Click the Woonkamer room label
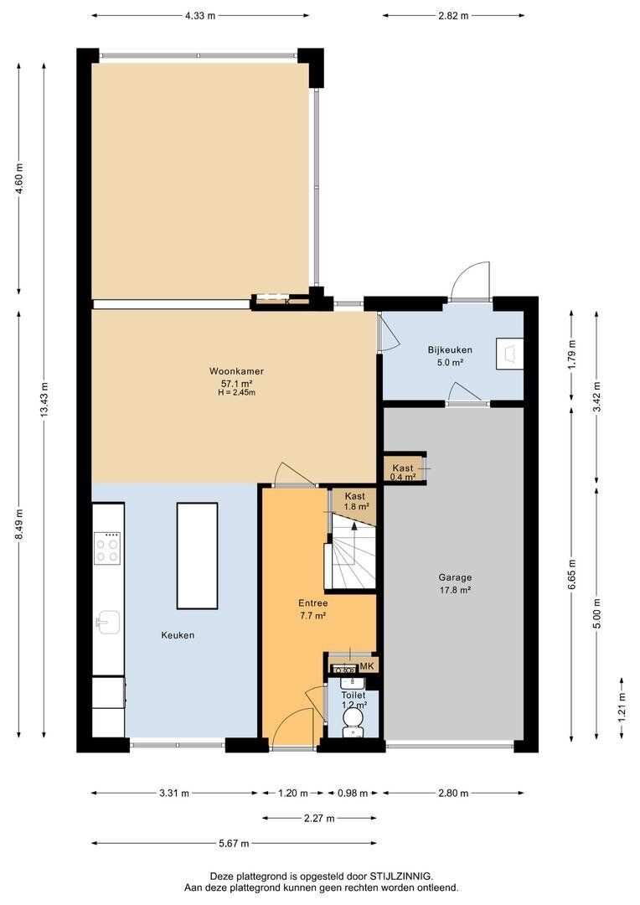236,381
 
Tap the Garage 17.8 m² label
455,583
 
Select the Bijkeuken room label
450,355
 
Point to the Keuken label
178,635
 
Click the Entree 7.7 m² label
312,609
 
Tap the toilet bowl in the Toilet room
352,721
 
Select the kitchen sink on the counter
108,622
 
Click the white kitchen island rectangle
198,556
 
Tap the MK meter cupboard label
367,667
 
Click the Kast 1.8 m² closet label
355,501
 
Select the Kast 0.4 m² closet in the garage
404,472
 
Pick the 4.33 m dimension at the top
200,16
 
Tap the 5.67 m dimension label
234,843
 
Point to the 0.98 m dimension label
352,793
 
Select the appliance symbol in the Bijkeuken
510,354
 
